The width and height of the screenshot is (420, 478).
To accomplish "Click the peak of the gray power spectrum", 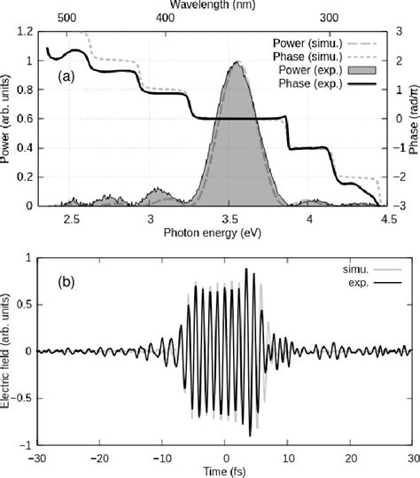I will click(x=237, y=63).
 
